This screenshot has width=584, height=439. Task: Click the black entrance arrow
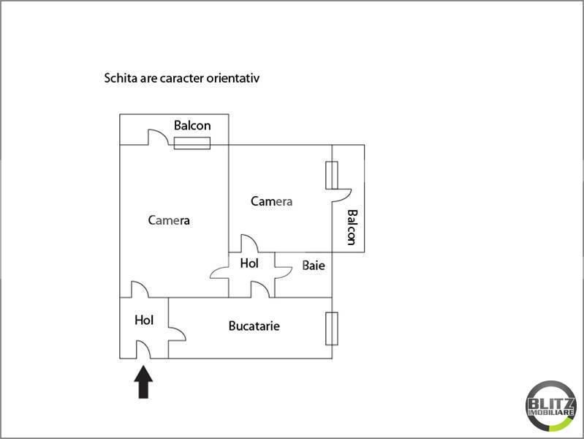[144, 382]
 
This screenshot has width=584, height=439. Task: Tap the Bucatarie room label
[254, 326]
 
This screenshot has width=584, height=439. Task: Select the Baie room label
[314, 266]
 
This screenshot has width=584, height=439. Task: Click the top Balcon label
[192, 125]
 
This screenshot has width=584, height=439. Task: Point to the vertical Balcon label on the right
[352, 227]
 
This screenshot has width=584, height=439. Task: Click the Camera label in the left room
[169, 219]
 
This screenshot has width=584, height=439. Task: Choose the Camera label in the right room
[272, 201]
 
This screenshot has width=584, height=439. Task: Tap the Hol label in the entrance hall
[144, 320]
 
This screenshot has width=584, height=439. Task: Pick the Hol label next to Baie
[249, 263]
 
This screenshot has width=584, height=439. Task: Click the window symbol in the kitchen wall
[332, 329]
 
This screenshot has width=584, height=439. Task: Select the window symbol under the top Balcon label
[192, 143]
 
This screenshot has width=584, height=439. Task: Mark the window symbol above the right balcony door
[332, 175]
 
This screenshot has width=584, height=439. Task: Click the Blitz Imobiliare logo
[550, 405]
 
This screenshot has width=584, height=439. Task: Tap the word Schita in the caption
[121, 77]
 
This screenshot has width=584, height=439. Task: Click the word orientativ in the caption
[233, 77]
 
